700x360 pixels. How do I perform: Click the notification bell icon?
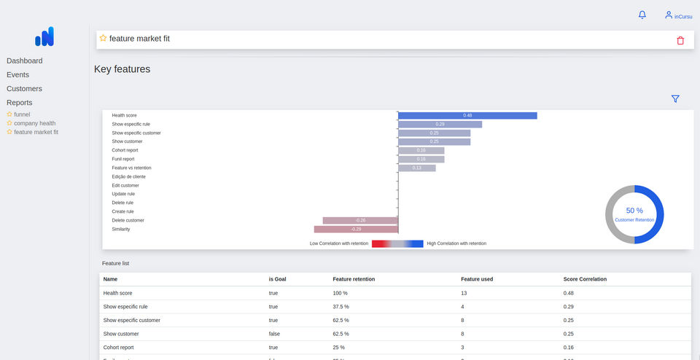642,15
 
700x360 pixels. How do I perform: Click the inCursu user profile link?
678,15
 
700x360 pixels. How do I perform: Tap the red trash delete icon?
680,41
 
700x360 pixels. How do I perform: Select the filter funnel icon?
675,99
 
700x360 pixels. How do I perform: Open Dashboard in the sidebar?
25,60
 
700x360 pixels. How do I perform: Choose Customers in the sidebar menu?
24,89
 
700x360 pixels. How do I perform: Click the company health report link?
34,123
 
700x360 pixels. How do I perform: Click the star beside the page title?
103,38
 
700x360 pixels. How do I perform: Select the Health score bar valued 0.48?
467,115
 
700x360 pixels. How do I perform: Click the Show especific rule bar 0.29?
440,124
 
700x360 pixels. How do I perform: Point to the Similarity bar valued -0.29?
356,229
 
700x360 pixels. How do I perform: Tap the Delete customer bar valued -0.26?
360,220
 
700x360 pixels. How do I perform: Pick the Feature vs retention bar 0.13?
417,168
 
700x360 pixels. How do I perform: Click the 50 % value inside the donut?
634,211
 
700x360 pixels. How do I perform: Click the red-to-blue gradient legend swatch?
397,243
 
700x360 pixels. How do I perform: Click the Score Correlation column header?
585,279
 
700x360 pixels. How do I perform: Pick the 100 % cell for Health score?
341,293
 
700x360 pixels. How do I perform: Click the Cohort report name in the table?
118,348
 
